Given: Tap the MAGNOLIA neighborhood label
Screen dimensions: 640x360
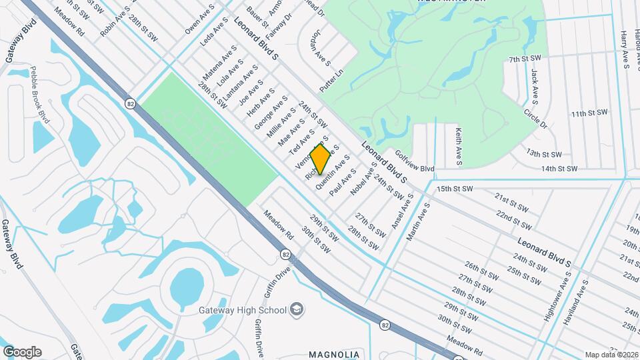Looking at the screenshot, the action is (x=334, y=354).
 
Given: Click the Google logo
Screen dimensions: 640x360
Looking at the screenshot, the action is (x=22, y=351).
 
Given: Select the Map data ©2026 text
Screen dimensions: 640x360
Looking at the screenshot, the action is (x=611, y=355).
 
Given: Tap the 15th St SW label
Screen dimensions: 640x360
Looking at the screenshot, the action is (x=455, y=189).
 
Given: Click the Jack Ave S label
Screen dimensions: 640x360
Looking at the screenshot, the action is (x=534, y=85).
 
